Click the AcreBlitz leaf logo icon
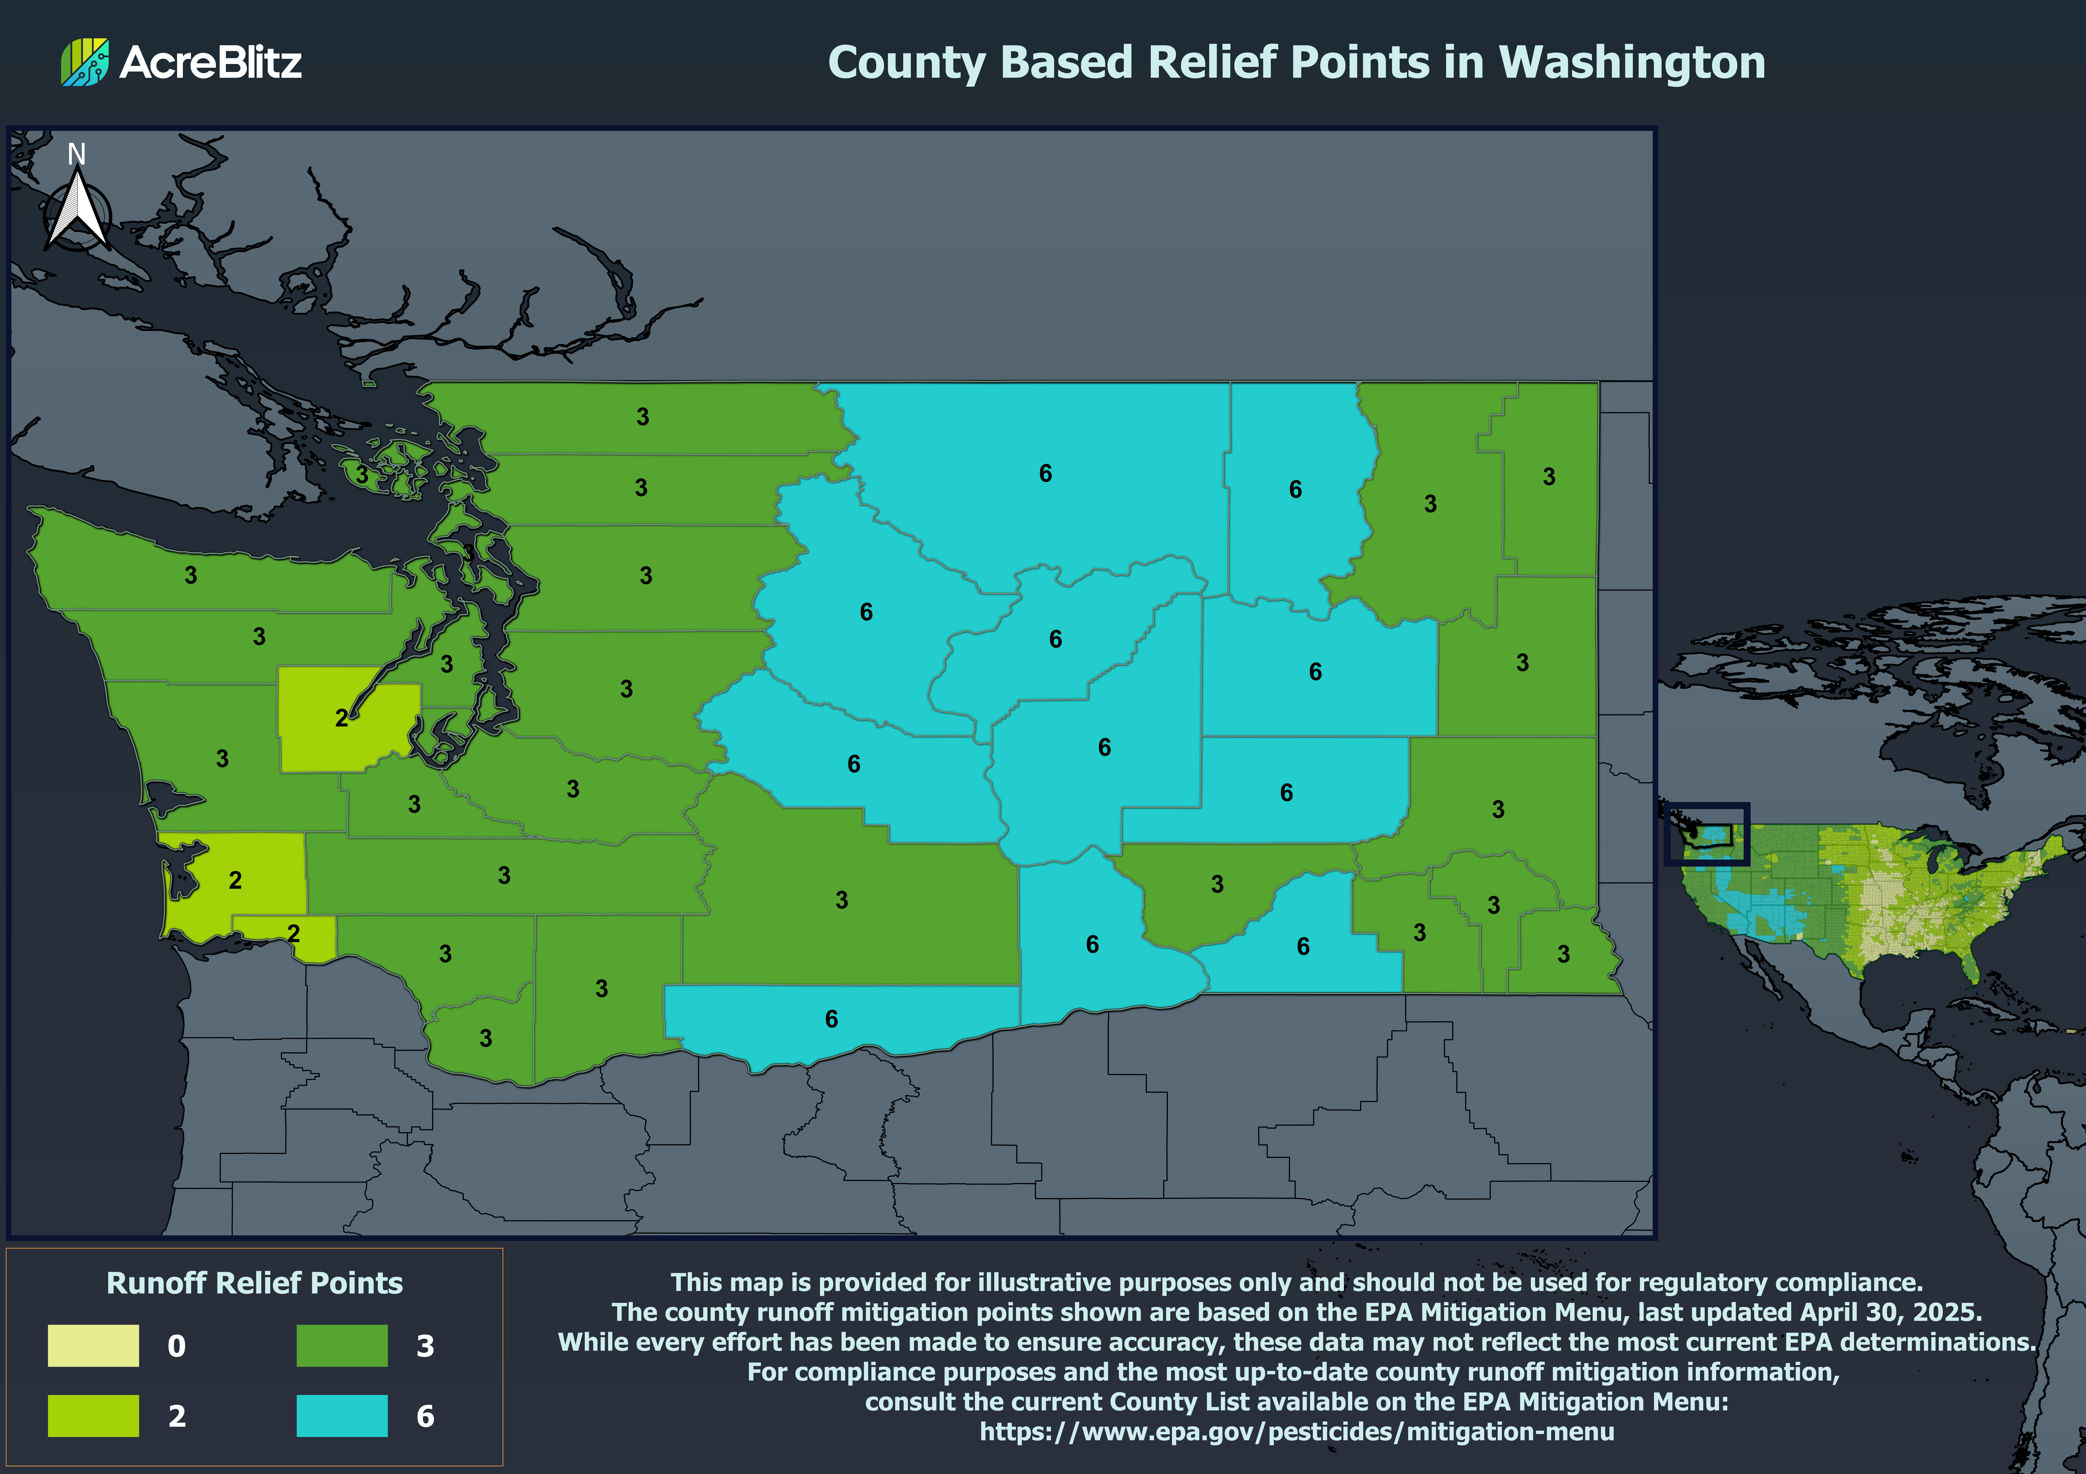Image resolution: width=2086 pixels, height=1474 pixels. [x=85, y=62]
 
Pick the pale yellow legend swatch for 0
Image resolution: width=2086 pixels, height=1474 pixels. [x=94, y=1345]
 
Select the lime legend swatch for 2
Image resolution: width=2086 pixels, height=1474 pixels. [x=94, y=1415]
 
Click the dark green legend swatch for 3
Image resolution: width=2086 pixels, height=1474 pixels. [x=342, y=1345]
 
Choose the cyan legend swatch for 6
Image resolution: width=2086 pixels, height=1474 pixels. [x=342, y=1415]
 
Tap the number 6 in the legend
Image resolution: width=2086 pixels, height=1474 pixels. [x=425, y=1416]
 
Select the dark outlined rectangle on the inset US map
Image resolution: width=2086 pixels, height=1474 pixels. [x=1706, y=833]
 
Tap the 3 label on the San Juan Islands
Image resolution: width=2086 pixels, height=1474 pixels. [x=361, y=474]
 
